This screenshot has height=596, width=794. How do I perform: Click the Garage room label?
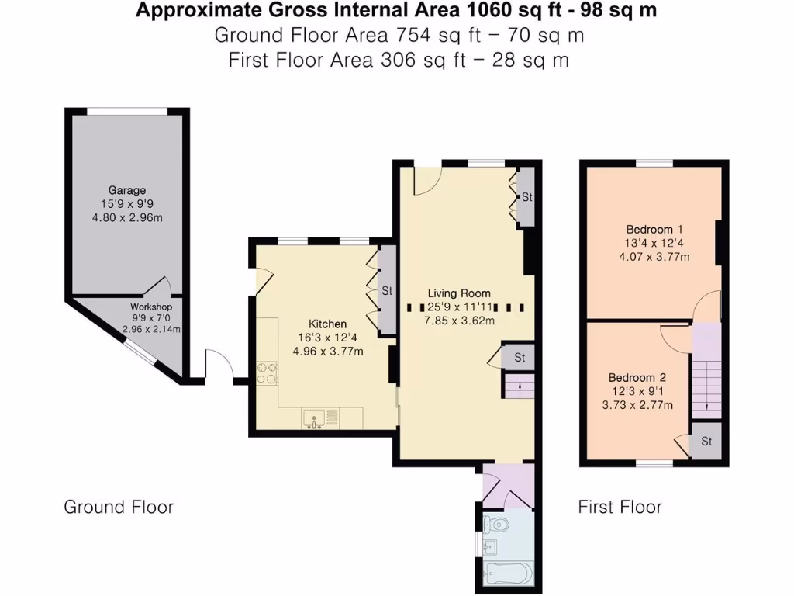point(126,190)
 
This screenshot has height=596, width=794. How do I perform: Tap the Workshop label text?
point(150,307)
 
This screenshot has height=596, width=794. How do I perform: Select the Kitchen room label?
point(328,324)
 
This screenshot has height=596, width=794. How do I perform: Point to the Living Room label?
point(459,293)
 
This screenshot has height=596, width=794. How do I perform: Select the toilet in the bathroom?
point(497,525)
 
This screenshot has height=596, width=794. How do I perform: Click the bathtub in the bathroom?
point(507,573)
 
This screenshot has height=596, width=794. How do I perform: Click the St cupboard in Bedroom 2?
point(706,442)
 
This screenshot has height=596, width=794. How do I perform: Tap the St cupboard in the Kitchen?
point(386,291)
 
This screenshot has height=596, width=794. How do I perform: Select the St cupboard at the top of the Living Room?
point(527,197)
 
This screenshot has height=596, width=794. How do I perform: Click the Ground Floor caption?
point(119,507)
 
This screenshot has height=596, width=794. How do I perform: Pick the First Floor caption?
point(620,507)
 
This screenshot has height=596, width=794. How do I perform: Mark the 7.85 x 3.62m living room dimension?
point(459,321)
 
